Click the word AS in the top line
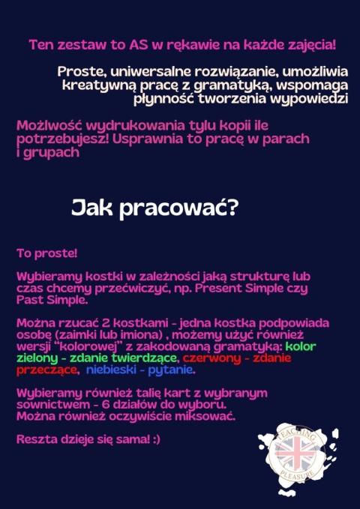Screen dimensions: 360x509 (x=136, y=45)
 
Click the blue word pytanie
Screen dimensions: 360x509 (x=170, y=370)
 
